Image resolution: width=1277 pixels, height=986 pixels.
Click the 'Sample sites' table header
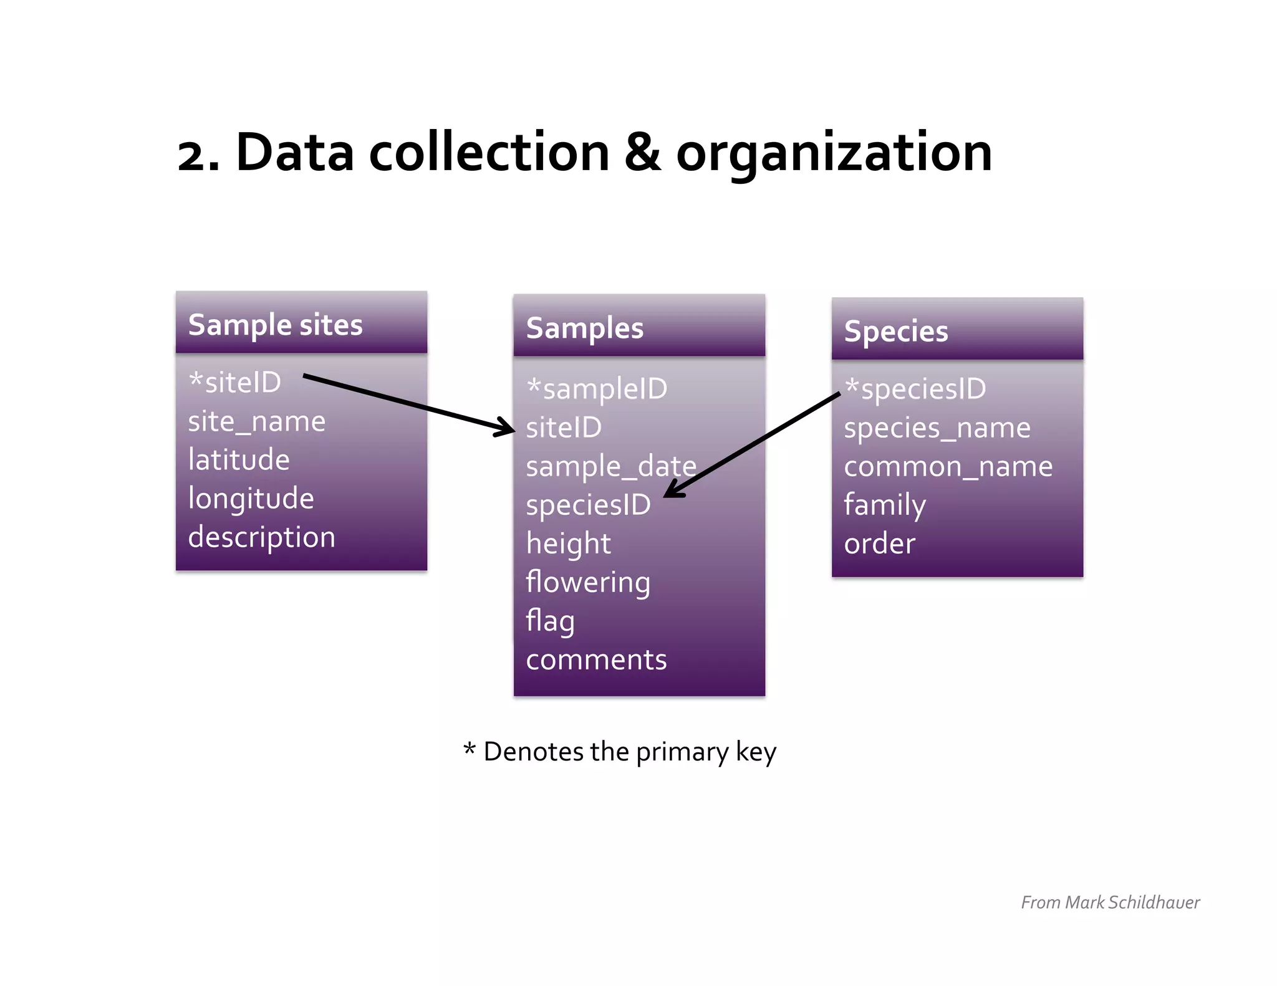[x=275, y=325]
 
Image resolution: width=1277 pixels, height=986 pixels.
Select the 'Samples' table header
[x=584, y=328]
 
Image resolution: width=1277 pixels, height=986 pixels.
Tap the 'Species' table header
[x=895, y=331]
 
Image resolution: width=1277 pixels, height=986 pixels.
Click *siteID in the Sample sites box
[x=235, y=382]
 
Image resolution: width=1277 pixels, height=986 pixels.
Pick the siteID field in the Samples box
[x=564, y=428]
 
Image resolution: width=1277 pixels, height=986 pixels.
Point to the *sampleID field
[x=597, y=389]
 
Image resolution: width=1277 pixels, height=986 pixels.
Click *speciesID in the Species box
[x=915, y=389]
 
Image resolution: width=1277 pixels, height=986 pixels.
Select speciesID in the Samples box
[x=588, y=505]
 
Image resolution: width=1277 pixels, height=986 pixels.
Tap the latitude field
[x=239, y=460]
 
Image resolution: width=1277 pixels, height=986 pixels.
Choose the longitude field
[x=251, y=499]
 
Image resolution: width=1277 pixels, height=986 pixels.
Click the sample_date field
[x=610, y=466]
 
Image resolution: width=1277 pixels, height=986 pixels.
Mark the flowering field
[x=588, y=582]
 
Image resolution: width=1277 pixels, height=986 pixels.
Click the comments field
[x=596, y=659]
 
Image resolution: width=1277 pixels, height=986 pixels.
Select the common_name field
[x=948, y=466]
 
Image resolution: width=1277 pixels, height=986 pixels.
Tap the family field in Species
[x=884, y=505]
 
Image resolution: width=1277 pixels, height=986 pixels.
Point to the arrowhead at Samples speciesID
[x=671, y=493]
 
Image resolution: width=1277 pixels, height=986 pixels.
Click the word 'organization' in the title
[x=834, y=153]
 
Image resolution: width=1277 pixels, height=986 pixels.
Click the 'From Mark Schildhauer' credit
[x=1110, y=902]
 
